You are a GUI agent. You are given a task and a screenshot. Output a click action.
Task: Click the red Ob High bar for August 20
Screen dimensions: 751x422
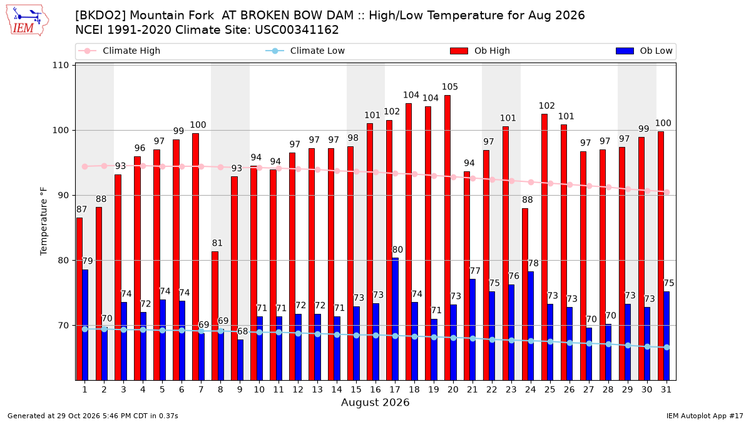(447, 238)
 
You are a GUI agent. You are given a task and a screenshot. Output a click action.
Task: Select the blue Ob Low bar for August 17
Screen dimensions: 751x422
(395, 319)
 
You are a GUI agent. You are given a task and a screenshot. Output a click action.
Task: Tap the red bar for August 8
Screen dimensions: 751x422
(215, 316)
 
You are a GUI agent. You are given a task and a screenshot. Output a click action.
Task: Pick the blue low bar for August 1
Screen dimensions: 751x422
(85, 325)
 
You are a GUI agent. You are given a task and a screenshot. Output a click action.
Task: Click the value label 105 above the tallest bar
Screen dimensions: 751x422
(449, 87)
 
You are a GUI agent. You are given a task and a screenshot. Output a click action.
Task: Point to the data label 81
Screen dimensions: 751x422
(217, 243)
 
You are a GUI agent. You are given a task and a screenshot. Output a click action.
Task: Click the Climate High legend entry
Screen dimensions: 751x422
(120, 51)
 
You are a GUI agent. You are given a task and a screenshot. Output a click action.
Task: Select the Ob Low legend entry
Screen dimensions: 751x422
(644, 51)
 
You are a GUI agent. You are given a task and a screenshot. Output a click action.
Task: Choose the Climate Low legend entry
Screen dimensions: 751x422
(305, 51)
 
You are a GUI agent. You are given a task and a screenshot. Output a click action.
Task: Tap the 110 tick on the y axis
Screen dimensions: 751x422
(60, 65)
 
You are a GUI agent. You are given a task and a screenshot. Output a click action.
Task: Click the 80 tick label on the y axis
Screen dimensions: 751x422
(63, 260)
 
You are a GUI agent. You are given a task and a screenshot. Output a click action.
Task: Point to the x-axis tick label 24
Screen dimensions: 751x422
(531, 389)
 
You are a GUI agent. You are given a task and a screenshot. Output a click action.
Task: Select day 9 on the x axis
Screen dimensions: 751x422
(240, 389)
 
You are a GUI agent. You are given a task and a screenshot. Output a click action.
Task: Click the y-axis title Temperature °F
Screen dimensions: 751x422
(44, 221)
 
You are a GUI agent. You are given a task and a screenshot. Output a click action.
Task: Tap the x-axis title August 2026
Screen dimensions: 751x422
(375, 402)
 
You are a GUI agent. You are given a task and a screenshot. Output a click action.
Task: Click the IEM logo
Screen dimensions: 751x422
(27, 21)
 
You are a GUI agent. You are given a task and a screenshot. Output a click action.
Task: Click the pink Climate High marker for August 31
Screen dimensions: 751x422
(667, 193)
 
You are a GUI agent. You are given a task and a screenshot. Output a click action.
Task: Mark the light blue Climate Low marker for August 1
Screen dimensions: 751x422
(85, 329)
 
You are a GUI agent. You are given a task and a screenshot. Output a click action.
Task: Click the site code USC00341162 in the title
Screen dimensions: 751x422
(297, 30)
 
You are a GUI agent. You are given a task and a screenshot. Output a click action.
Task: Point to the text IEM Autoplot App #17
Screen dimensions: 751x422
(705, 416)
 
